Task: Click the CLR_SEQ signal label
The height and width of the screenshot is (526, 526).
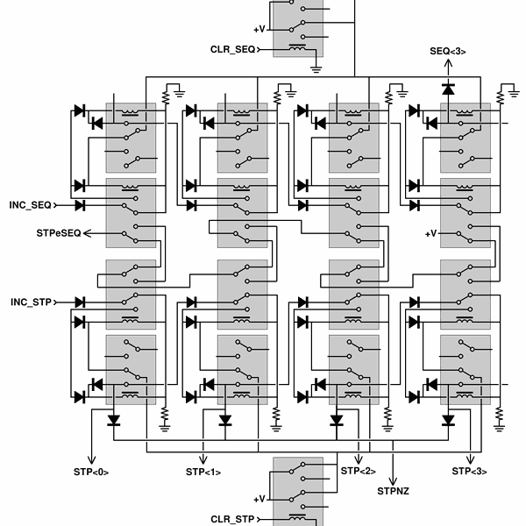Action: pos(232,49)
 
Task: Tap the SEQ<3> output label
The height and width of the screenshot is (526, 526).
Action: pos(447,52)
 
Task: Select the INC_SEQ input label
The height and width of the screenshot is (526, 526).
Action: pos(31,205)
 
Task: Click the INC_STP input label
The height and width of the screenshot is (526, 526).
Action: pos(31,302)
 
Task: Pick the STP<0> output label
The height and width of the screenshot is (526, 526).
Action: pos(91,472)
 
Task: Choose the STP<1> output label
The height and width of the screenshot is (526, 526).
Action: pos(203,472)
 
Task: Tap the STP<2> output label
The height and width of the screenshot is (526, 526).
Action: pos(358,472)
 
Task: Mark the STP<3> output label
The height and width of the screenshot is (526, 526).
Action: pos(469,472)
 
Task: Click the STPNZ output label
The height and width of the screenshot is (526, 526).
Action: pos(393,490)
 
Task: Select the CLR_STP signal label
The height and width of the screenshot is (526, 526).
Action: pos(232,519)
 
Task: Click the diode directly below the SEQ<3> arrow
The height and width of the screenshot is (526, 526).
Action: pos(448,89)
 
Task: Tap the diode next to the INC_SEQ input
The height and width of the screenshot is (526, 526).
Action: pos(80,205)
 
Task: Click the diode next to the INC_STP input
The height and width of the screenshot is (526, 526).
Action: pos(80,302)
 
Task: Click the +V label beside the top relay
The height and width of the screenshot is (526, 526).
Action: pos(259,28)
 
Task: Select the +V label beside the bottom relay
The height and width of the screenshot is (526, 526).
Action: pos(259,498)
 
